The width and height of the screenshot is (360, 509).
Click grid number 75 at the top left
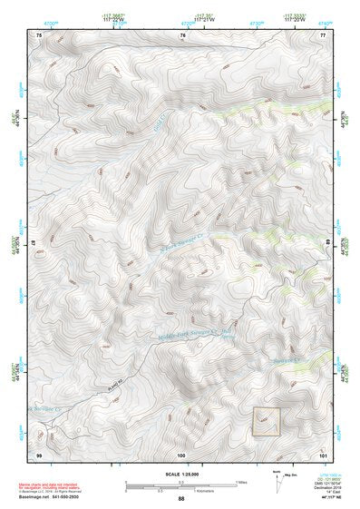pos(39,34)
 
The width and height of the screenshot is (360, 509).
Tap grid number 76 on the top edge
pos(182,34)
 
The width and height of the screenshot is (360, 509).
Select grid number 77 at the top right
pos(322,34)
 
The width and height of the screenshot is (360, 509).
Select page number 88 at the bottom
pos(181,499)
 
